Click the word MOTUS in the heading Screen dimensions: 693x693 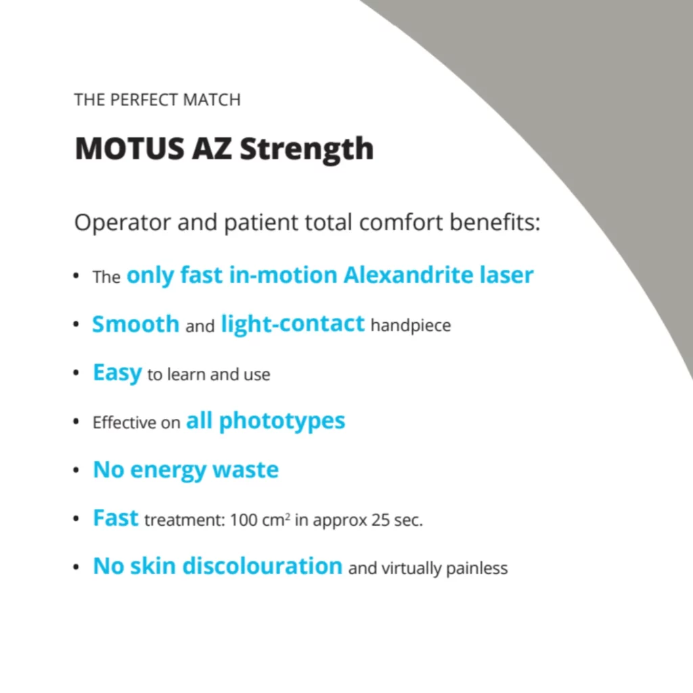click(x=129, y=148)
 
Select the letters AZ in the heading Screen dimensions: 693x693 click(x=212, y=148)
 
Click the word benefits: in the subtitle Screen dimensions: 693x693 click(x=495, y=222)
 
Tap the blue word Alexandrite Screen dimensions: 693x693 click(x=409, y=275)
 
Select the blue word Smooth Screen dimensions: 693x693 click(x=135, y=324)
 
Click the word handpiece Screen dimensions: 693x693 click(x=411, y=326)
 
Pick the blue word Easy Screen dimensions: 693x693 click(x=118, y=373)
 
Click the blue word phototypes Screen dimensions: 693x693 click(x=282, y=421)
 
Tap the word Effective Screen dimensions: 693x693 click(x=125, y=422)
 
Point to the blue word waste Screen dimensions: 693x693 click(x=246, y=470)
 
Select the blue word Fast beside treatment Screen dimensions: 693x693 click(x=116, y=518)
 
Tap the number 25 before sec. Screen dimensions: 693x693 click(x=380, y=520)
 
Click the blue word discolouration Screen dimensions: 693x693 click(x=263, y=566)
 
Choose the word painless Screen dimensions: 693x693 click(x=477, y=568)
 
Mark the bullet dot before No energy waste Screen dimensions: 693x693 click(x=76, y=470)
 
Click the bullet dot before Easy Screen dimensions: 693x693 click(x=76, y=373)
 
